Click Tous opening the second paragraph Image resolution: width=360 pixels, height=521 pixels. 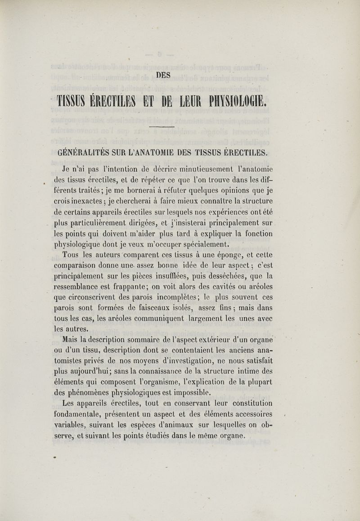(x=72, y=256)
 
